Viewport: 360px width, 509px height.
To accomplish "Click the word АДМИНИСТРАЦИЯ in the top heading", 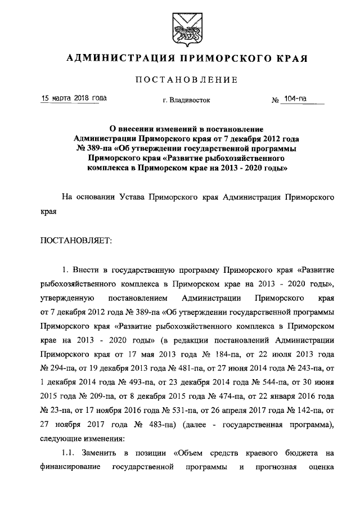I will pyautogui.click(x=114, y=58).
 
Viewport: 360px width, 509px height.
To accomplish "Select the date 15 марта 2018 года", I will pyautogui.click(x=73, y=98).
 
